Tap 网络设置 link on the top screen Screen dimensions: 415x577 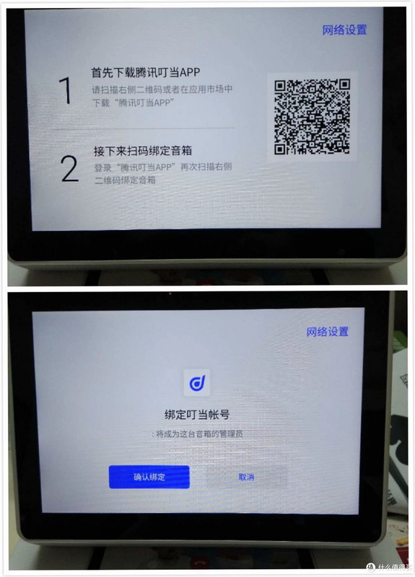[344, 30]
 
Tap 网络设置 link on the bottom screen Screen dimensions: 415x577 [328, 332]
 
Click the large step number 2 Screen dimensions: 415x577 [69, 169]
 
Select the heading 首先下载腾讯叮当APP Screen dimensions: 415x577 [146, 73]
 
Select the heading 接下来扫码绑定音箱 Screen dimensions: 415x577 [142, 151]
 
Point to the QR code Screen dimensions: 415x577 [312, 116]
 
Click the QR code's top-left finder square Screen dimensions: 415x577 [281, 86]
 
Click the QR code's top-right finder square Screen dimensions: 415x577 [344, 85]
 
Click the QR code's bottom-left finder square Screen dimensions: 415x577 [280, 149]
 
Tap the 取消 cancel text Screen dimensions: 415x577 [246, 477]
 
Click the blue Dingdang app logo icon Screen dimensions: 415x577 [197, 383]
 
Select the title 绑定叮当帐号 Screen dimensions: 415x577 [197, 415]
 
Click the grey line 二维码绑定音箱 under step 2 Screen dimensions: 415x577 [125, 180]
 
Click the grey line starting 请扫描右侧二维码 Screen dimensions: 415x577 [162, 89]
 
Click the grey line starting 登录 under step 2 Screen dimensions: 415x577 [163, 167]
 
